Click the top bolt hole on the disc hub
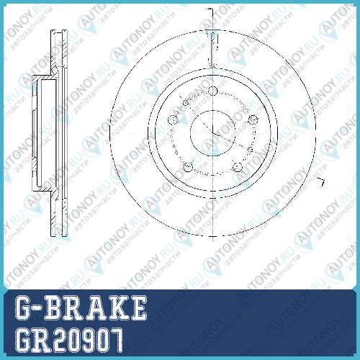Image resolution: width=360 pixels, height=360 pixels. (x=213, y=91)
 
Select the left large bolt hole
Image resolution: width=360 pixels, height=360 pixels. (x=173, y=120)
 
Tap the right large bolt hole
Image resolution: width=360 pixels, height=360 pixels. (x=253, y=120)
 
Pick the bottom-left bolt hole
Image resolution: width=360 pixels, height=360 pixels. (x=188, y=167)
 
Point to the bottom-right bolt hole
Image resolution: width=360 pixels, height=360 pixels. (x=238, y=167)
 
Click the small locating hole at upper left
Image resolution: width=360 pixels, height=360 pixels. (x=186, y=103)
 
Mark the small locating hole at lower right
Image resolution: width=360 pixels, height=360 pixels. (x=250, y=150)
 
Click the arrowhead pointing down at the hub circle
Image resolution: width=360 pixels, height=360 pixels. (x=212, y=64)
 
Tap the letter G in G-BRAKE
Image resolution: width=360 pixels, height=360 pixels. (x=24, y=307)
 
